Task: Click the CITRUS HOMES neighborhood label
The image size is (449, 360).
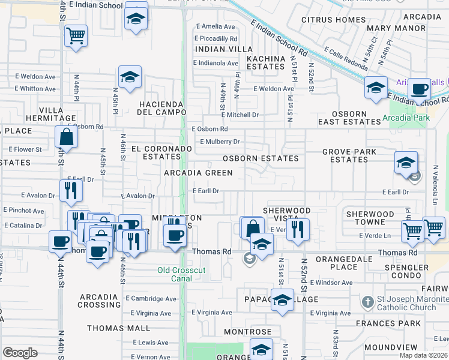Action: coord(333,20)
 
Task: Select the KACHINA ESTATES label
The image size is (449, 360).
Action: coord(265,62)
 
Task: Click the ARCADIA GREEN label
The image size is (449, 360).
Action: coord(199,173)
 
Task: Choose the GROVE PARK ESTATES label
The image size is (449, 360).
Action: coord(349,155)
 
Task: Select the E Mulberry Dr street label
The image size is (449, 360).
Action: coord(220,142)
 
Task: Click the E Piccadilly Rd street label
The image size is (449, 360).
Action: coord(217,38)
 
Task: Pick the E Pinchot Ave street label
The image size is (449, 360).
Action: coord(23,211)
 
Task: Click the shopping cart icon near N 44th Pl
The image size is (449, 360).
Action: coord(76,36)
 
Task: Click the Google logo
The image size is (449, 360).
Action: coord(20,352)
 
